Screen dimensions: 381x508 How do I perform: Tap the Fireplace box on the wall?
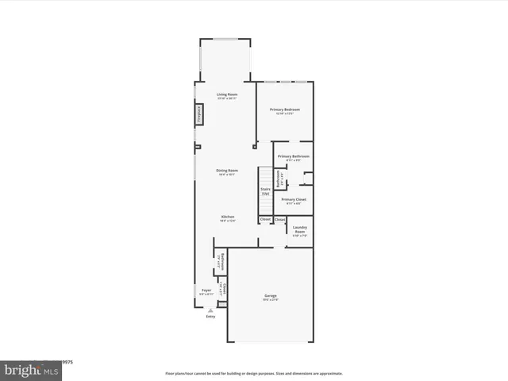(199, 115)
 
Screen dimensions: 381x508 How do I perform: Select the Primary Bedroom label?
(285, 110)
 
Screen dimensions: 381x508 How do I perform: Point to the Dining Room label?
(228, 171)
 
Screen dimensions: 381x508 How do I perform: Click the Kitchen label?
(228, 217)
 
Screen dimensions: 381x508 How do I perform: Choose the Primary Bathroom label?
(294, 156)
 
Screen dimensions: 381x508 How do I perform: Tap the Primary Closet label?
(294, 199)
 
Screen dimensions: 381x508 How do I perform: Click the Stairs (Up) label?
(266, 190)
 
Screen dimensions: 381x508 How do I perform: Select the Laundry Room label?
(299, 229)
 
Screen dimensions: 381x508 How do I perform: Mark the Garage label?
(271, 296)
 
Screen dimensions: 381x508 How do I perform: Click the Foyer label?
(206, 291)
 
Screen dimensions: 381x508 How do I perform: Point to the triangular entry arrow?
(210, 309)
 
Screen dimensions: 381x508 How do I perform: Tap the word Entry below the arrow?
(210, 317)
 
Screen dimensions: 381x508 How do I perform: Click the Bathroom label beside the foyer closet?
(222, 260)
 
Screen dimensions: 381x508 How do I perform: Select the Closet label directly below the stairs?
(266, 219)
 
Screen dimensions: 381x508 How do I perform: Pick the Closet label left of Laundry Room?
(280, 219)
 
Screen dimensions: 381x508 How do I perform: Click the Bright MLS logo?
(32, 371)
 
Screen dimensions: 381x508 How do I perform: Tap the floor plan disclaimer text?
(254, 372)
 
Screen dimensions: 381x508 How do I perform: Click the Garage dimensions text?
(271, 300)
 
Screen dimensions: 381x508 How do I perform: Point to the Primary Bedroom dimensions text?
(285, 114)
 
